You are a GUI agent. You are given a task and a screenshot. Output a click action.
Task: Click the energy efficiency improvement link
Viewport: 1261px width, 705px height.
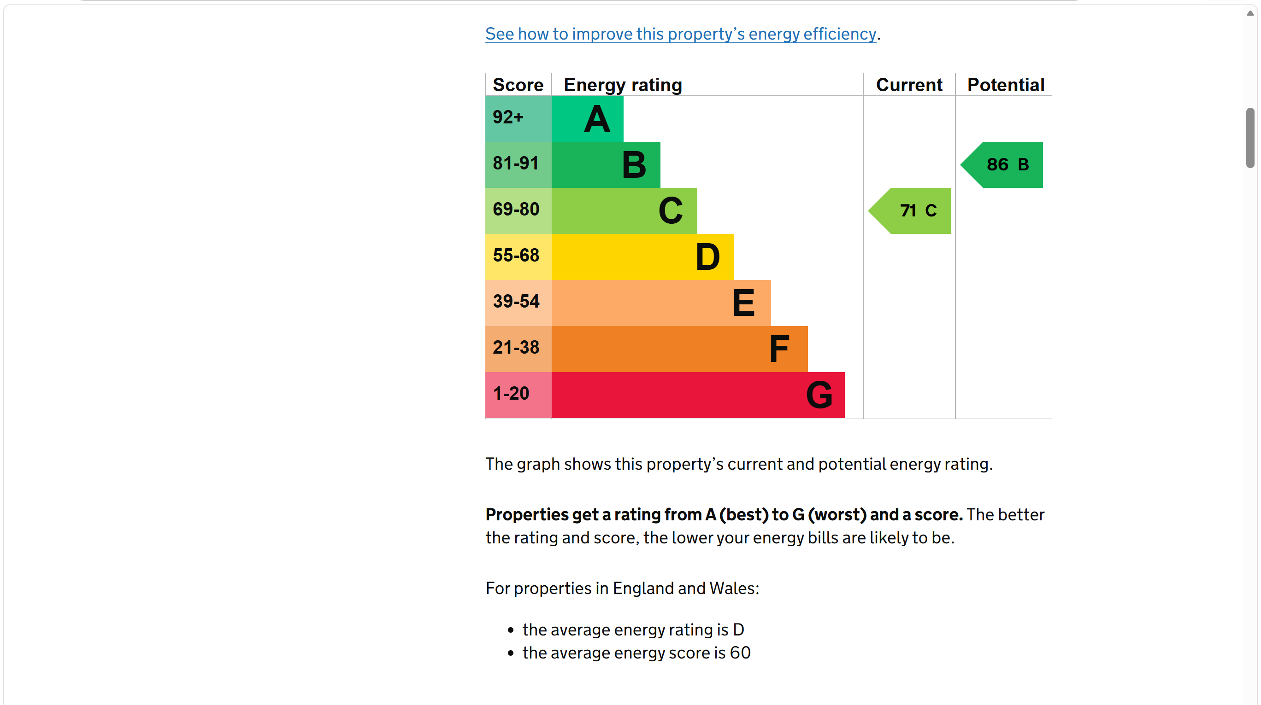point(680,34)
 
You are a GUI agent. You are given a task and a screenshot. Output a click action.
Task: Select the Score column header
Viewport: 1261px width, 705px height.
point(518,85)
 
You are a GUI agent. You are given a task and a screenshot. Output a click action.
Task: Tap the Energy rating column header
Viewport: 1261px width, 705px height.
point(623,85)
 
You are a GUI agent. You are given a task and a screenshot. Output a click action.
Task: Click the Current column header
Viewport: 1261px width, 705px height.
point(909,85)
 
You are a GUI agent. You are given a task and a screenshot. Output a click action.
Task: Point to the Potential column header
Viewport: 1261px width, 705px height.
point(1006,85)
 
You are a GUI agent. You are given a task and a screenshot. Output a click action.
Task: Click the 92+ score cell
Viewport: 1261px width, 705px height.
point(519,118)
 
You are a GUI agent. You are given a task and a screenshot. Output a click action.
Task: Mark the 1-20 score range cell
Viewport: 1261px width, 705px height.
point(519,395)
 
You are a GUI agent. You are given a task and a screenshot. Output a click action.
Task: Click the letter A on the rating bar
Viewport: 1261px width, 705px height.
point(597,119)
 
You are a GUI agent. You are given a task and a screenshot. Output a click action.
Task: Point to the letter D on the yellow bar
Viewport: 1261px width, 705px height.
point(708,257)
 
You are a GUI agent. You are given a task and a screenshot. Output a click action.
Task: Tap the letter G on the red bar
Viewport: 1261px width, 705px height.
point(819,395)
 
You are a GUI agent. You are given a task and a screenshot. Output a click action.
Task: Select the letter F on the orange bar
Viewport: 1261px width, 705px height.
point(779,349)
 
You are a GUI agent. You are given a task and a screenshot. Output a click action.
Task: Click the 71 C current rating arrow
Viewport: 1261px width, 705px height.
point(909,211)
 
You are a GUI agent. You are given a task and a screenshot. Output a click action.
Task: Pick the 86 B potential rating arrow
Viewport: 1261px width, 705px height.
point(1002,165)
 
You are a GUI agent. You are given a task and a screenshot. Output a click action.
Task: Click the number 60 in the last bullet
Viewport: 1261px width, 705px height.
point(740,653)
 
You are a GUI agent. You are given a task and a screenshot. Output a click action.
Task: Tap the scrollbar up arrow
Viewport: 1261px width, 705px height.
point(1250,13)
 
